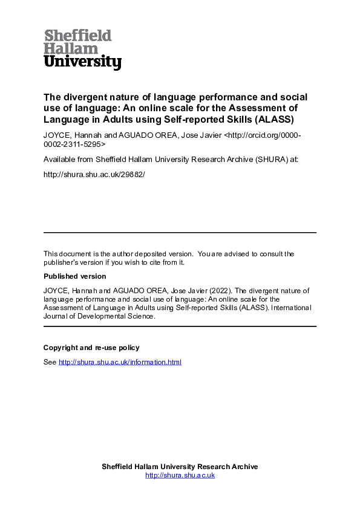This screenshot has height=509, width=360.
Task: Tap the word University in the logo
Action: tap(82, 62)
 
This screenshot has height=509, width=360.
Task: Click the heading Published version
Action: tap(74, 276)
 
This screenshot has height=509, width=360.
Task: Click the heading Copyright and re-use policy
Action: tap(91, 348)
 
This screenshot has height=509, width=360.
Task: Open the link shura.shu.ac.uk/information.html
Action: tap(120, 362)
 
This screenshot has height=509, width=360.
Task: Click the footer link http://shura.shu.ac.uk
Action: tap(180, 475)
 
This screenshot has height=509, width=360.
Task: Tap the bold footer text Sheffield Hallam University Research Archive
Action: tap(180, 467)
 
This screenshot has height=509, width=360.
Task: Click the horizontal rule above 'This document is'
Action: tap(180, 233)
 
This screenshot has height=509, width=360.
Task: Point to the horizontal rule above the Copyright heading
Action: tap(180, 326)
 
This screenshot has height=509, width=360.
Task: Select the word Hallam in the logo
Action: tap(71, 48)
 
